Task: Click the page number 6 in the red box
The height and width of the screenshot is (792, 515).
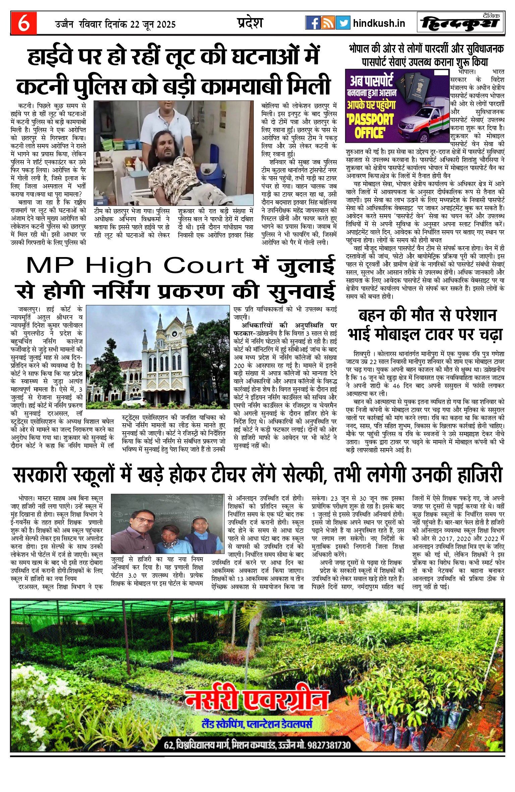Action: pos(23,23)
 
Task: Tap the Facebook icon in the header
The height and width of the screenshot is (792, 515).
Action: pos(312,23)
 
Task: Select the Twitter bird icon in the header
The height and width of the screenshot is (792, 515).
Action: pos(343,23)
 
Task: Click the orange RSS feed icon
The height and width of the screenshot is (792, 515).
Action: pos(328,23)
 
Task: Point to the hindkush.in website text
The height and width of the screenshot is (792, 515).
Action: pos(379,23)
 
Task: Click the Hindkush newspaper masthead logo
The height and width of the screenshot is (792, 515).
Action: pos(461,23)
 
